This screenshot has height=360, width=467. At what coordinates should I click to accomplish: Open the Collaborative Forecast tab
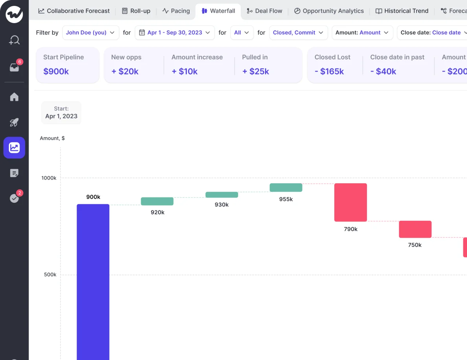coord(74,11)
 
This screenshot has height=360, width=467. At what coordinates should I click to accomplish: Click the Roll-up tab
coord(136,11)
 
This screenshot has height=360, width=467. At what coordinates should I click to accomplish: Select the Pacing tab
coord(176,11)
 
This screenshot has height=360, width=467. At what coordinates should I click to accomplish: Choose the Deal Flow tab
coord(264,11)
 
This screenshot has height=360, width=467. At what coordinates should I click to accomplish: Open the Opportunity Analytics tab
coord(329,11)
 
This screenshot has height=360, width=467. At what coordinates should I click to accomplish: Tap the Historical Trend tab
coord(402,11)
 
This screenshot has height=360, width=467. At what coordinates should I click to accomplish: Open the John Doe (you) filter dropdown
coord(90,33)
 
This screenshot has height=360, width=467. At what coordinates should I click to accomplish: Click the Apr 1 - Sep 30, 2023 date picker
coord(175,33)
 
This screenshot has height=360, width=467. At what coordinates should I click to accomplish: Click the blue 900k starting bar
coord(93,279)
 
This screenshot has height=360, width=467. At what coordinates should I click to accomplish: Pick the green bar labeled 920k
coord(157,201)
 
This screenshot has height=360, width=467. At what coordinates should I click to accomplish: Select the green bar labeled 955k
coord(286,188)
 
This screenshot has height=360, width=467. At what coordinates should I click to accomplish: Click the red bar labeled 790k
coord(350,202)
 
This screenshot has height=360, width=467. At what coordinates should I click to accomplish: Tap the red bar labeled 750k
coord(415,229)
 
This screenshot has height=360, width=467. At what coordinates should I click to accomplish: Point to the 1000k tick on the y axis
coord(49,178)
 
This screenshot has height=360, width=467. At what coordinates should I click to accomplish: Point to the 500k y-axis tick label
coord(50,275)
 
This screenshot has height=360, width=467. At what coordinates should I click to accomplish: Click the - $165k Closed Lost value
coord(329,71)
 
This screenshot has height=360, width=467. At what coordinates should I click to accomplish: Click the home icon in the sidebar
coord(14,97)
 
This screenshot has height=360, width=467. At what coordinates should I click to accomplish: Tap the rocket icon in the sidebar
coord(14,122)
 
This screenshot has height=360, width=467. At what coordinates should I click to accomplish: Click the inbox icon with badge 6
coord(14,67)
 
